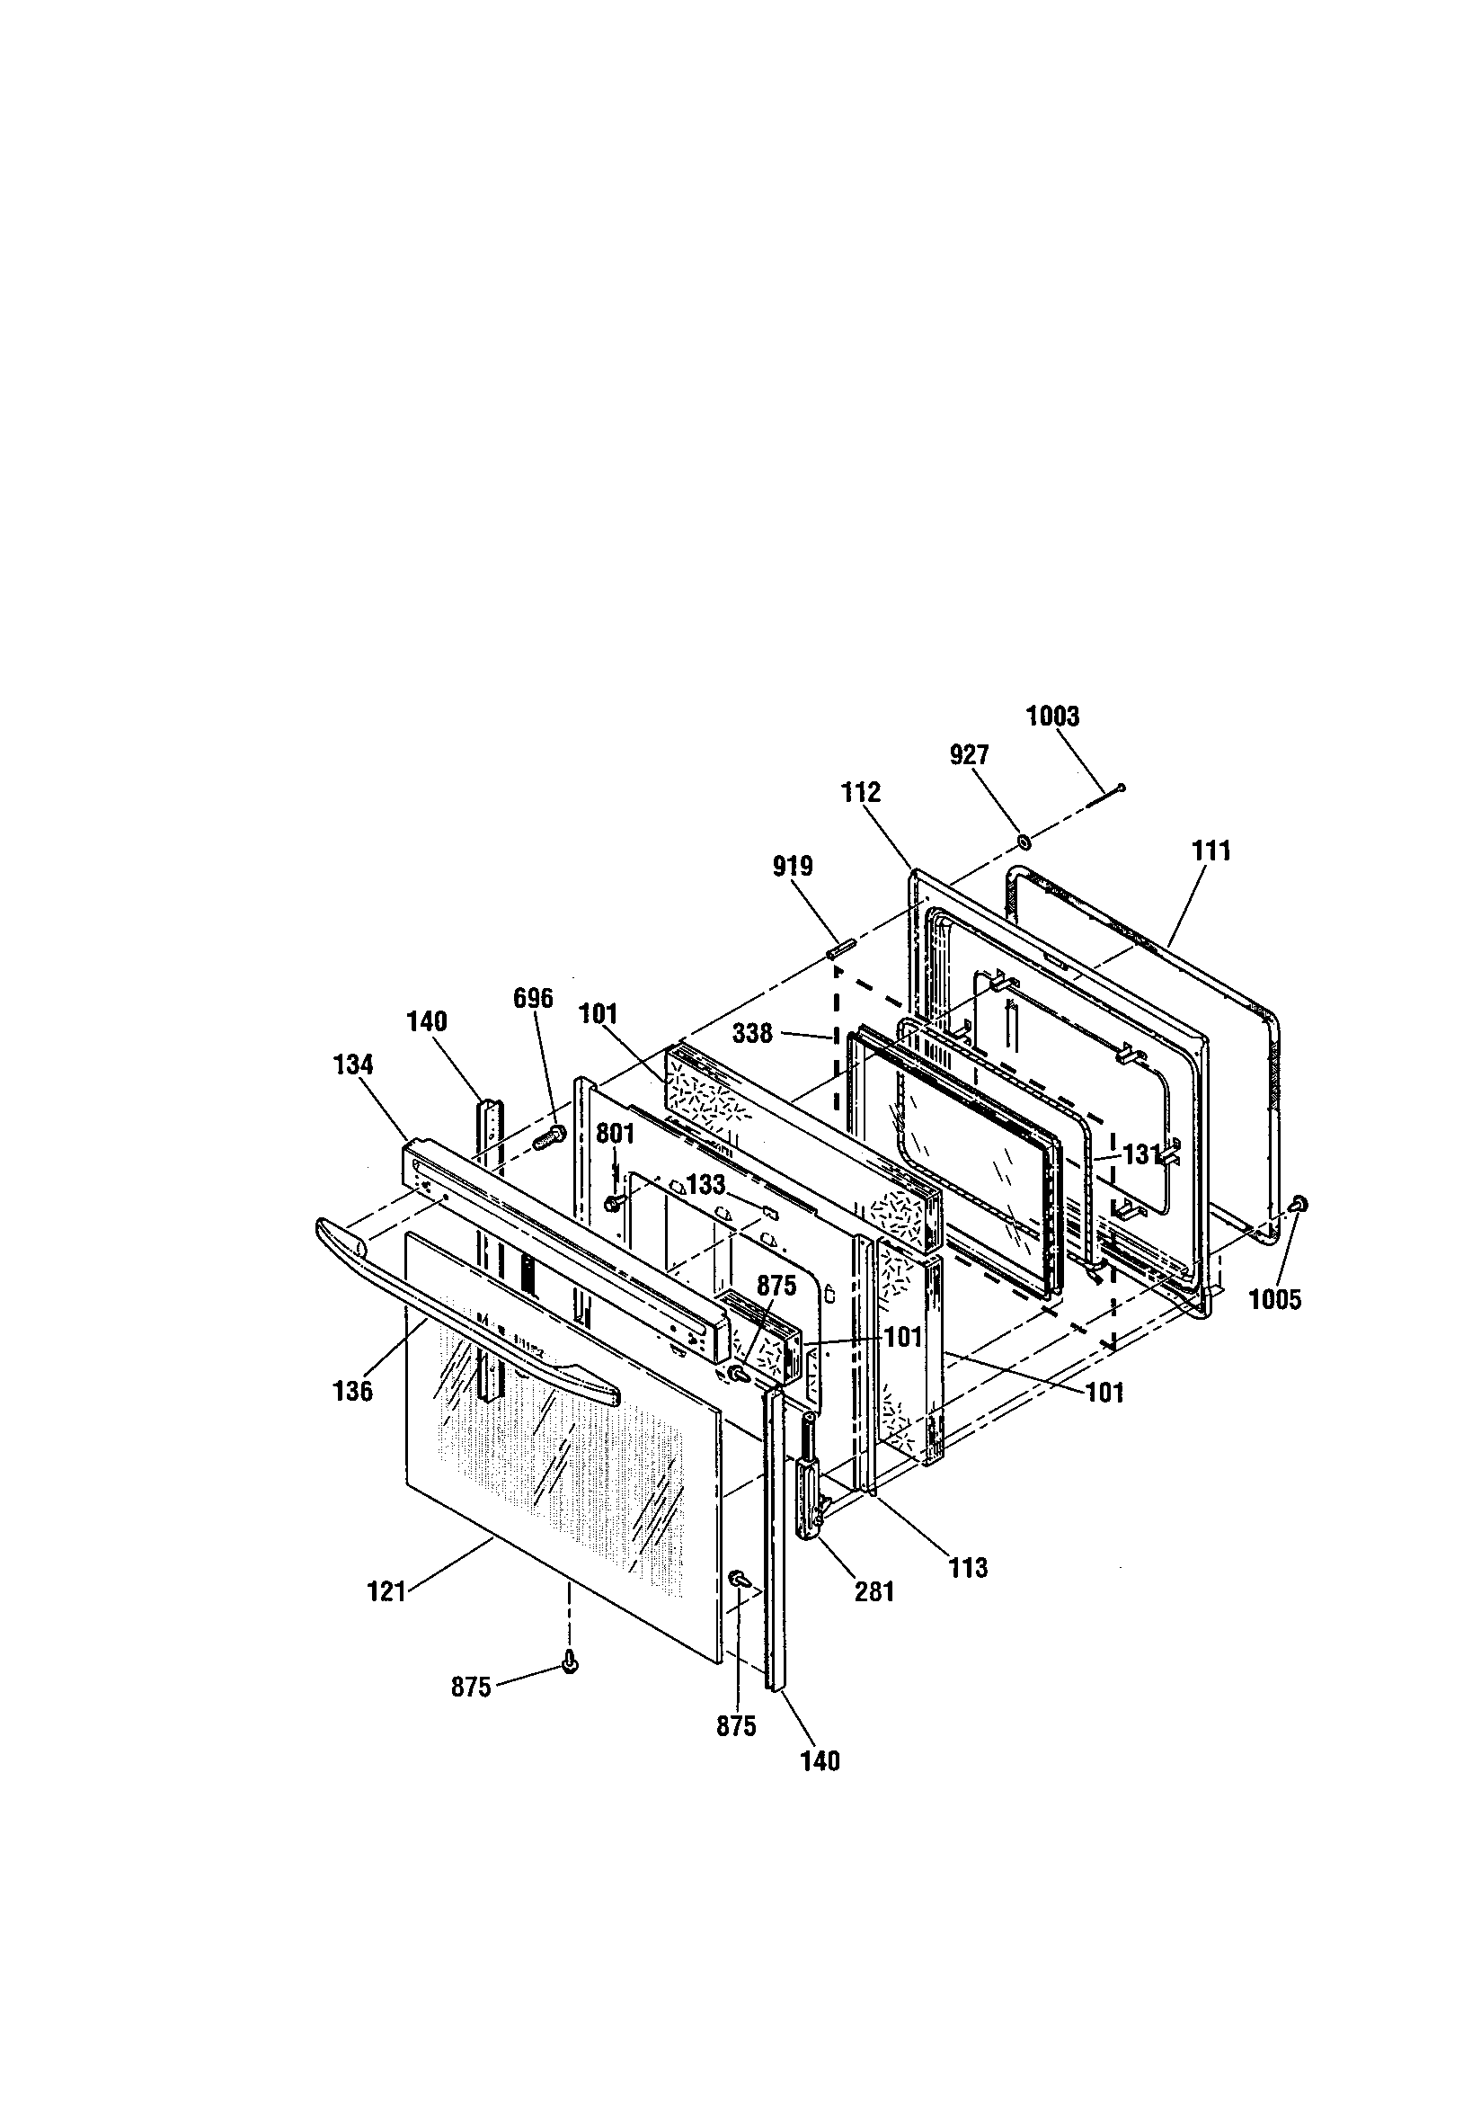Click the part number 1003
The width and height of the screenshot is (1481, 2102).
tap(1052, 716)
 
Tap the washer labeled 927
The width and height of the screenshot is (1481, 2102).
tap(1024, 841)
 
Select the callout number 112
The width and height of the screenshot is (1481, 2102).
tap(860, 792)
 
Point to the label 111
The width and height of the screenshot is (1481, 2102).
tap(1211, 851)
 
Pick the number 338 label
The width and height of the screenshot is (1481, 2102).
tap(752, 1034)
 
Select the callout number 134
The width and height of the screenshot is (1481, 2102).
tap(353, 1064)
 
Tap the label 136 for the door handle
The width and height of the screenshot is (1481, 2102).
tap(353, 1391)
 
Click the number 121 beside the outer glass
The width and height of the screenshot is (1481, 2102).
tap(386, 1592)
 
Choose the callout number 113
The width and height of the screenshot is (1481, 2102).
tap(969, 1568)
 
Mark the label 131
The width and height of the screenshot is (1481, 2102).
tap(1142, 1155)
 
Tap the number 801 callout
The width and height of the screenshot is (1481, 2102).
tap(615, 1134)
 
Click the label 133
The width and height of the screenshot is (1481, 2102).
tap(705, 1185)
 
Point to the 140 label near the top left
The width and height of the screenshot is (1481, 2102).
tap(427, 1020)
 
